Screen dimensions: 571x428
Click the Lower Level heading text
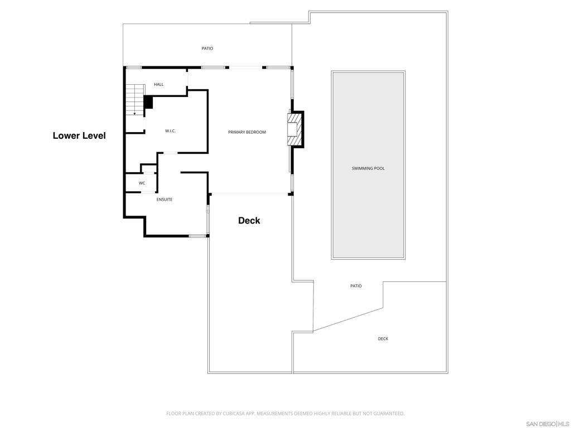[x=79, y=136]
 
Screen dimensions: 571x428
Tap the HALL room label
[x=159, y=85]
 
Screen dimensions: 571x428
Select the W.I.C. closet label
[x=171, y=131]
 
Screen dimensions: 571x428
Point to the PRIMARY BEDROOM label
[x=247, y=132]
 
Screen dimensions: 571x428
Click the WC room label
[x=142, y=183]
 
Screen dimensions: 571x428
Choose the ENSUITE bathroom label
[x=164, y=200]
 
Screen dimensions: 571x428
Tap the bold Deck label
[x=249, y=221]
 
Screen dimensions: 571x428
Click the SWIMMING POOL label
[x=368, y=168]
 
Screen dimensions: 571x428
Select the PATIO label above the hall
[x=207, y=48]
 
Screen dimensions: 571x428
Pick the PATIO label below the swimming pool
[x=356, y=286]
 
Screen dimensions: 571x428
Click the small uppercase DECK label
[x=383, y=339]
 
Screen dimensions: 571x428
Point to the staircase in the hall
[x=135, y=100]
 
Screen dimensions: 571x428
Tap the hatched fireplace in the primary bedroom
[x=294, y=130]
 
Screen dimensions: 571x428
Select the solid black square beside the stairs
[x=148, y=103]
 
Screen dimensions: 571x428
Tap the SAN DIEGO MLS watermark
[x=548, y=424]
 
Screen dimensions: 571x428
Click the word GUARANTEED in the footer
[x=390, y=414]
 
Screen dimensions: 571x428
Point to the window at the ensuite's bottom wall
[x=197, y=236]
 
